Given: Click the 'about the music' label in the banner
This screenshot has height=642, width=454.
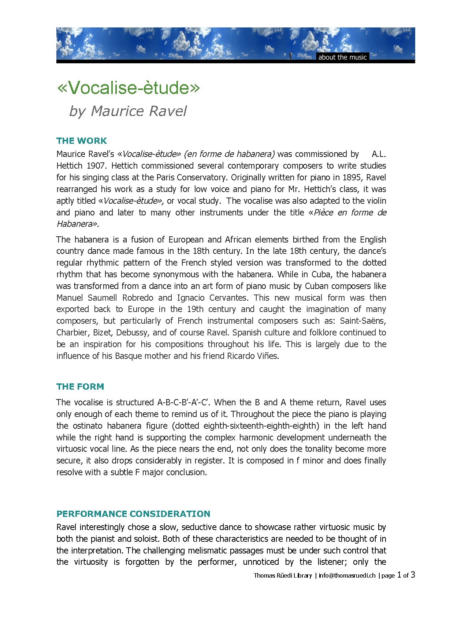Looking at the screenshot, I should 342,57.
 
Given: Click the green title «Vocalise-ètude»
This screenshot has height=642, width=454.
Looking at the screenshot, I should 129,88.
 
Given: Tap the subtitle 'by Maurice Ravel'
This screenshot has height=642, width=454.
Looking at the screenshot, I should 128,111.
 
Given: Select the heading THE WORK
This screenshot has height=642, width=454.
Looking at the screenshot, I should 82,141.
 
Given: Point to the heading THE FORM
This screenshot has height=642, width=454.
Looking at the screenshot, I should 80,387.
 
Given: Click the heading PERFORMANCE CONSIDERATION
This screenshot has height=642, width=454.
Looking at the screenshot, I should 133,514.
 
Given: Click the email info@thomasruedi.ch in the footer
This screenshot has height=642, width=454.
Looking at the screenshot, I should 347,575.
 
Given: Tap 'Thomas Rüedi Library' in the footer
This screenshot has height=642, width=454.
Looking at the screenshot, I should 283,575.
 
